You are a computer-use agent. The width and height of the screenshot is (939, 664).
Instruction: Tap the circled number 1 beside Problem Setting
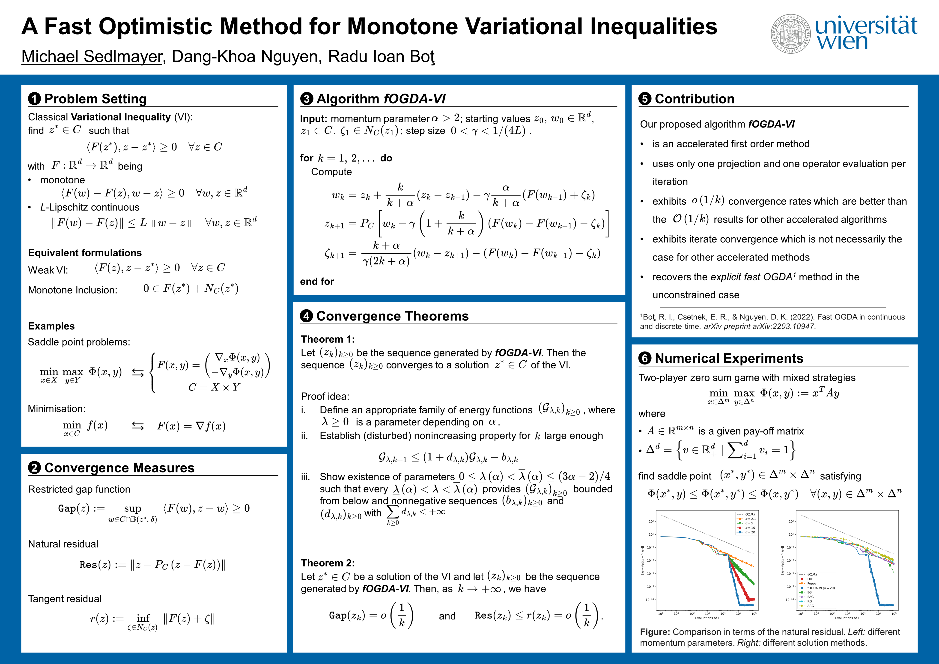34,99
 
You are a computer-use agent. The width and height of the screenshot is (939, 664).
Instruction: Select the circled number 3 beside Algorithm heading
306,99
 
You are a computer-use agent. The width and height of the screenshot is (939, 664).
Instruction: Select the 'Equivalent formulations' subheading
85,253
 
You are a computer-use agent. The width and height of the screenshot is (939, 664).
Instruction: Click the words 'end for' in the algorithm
317,281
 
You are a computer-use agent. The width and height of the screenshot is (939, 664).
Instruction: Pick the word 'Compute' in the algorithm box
331,172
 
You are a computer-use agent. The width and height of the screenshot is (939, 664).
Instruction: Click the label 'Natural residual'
63,544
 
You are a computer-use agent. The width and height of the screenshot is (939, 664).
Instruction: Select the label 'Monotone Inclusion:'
72,290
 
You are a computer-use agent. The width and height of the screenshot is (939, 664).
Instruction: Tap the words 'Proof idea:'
325,396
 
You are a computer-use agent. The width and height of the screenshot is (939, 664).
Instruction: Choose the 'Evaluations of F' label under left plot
707,618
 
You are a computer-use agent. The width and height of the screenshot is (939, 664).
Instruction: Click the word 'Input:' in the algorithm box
313,119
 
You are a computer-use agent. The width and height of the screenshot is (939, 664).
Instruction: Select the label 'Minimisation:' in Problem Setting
57,409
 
